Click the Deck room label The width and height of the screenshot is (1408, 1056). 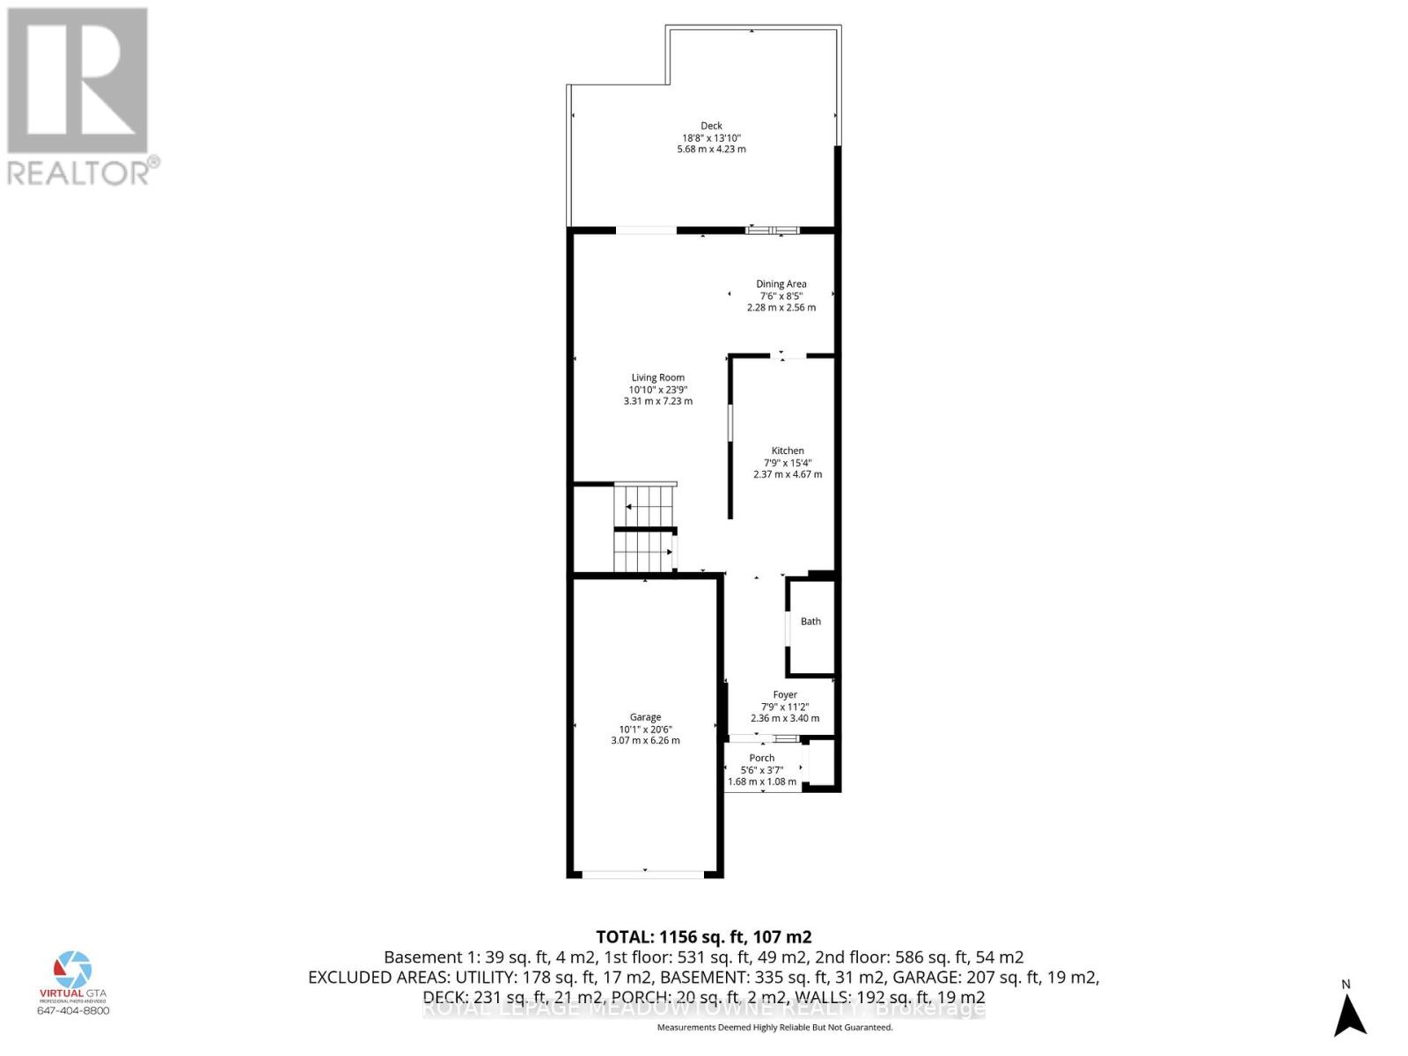click(711, 126)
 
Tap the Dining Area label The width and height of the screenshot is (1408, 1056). click(781, 283)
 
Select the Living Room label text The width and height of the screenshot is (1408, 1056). click(657, 378)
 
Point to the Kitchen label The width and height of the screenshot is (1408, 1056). click(788, 451)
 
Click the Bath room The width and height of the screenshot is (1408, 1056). click(810, 621)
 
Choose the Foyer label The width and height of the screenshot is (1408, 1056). click(785, 694)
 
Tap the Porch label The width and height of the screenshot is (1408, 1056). click(762, 758)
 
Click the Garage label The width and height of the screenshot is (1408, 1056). click(645, 717)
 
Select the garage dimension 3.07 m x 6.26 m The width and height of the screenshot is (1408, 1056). click(645, 741)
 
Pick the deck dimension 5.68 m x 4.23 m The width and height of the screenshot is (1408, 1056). click(711, 150)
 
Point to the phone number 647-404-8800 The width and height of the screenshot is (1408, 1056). click(73, 1010)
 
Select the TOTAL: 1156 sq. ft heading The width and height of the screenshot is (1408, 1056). click(703, 937)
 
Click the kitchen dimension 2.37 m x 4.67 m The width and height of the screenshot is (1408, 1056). click(788, 474)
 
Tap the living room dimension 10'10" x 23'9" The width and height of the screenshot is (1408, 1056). click(657, 390)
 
